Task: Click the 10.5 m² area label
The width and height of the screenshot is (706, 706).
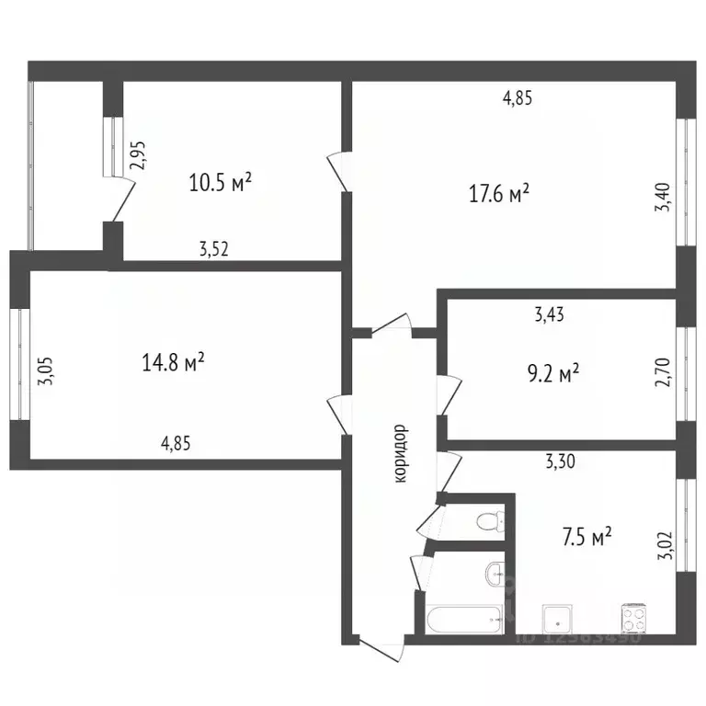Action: pos(221,182)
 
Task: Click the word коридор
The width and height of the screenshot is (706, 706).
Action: pos(400,453)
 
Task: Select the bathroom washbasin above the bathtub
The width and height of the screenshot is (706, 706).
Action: pos(496,575)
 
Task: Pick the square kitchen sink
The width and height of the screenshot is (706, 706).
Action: pos(556,617)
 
